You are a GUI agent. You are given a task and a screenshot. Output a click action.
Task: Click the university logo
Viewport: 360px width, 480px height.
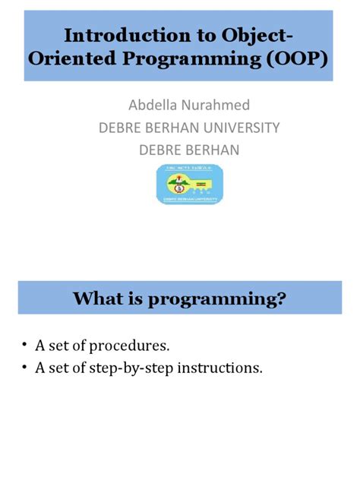pyautogui.click(x=190, y=184)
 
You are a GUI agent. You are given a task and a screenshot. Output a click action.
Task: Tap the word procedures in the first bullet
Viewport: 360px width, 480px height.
pyautogui.click(x=130, y=346)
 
